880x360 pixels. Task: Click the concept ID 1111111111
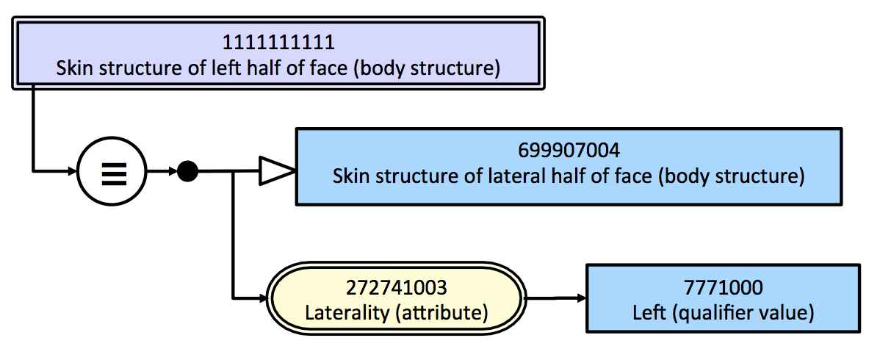click(x=279, y=42)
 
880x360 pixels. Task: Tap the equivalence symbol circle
click(x=112, y=170)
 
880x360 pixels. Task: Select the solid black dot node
click(x=187, y=170)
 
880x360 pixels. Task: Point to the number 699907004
click(x=569, y=151)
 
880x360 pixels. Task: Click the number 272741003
click(x=396, y=287)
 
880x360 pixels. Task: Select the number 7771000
click(x=724, y=287)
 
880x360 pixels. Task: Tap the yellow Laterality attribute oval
click(x=396, y=299)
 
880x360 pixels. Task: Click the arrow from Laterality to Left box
click(x=556, y=298)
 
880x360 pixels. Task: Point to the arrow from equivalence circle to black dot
click(x=162, y=170)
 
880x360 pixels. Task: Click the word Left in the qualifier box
click(x=650, y=313)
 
